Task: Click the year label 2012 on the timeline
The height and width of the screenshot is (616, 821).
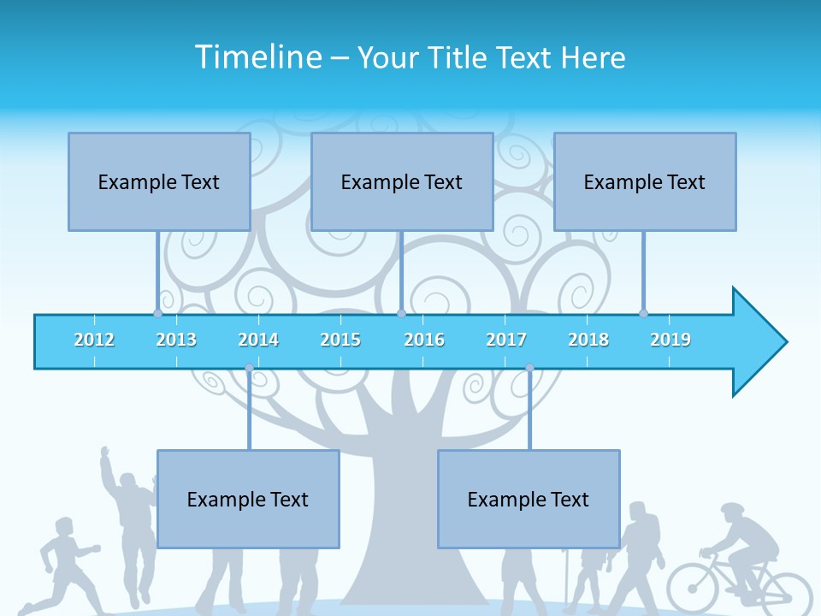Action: point(94,340)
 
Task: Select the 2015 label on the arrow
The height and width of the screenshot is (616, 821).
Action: point(340,340)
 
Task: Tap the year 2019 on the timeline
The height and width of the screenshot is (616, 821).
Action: point(670,340)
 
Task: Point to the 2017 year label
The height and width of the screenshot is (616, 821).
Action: point(506,340)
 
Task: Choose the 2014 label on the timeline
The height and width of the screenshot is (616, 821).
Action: point(258,340)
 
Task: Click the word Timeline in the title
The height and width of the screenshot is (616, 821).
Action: point(257,57)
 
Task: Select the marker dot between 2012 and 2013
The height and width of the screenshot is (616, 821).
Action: point(157,313)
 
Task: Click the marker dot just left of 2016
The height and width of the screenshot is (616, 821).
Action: point(401,313)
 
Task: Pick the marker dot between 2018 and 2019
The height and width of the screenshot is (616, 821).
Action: point(643,313)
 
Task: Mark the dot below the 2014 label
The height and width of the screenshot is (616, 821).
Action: point(249,368)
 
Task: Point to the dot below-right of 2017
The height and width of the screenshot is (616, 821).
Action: point(529,368)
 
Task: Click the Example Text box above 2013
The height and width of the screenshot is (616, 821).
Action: point(159,181)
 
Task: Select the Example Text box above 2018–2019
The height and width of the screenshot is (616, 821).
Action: point(645,181)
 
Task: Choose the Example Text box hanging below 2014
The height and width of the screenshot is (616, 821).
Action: point(248,499)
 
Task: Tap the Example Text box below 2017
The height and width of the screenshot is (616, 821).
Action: point(529,499)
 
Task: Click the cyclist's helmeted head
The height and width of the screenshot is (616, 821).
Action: point(733,512)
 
